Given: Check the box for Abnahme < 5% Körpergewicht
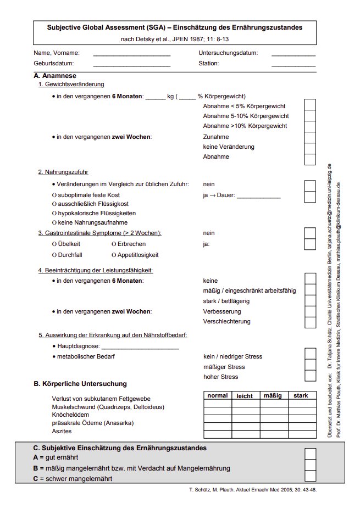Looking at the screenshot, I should point(310,106).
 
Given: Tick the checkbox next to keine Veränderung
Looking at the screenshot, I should point(310,147).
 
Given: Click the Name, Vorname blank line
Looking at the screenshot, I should point(131,54).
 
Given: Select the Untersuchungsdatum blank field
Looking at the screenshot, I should point(293,54).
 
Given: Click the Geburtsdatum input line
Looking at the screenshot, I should point(131,64).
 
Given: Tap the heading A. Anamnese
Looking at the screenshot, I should point(55,76).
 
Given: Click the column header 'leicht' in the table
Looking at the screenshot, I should point(245,395).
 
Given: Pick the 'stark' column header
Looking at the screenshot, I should point(301,395).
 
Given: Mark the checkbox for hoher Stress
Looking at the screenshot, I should point(310,377).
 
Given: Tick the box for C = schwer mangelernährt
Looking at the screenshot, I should point(310,477).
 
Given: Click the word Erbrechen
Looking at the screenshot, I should point(131,244).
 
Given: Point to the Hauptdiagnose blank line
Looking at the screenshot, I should point(140,347).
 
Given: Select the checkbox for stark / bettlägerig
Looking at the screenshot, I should point(310,301).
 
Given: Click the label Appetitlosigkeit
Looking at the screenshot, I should point(137,255).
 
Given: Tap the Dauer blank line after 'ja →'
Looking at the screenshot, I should point(258,196).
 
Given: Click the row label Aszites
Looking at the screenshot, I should point(62,432).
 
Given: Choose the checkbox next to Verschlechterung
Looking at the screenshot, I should point(310,322).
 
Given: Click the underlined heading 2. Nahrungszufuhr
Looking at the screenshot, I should point(63,172).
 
